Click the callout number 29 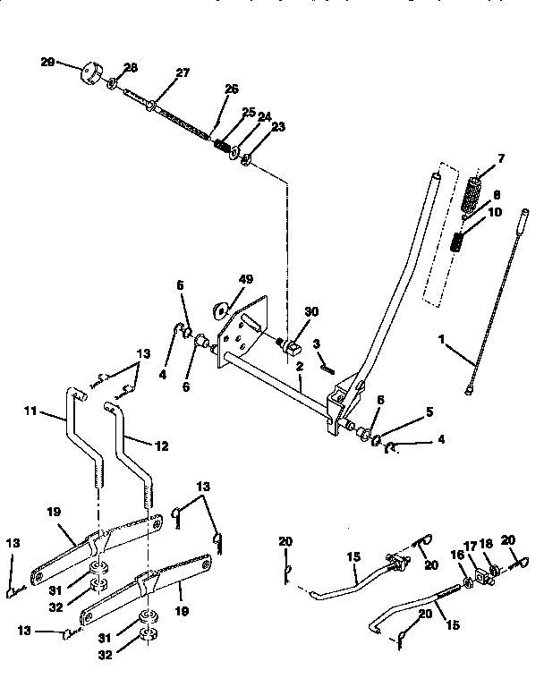point(47,62)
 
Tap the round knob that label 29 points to point(90,71)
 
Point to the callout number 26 point(232,89)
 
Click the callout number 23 point(277,126)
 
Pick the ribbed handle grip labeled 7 point(472,192)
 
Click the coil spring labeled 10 point(458,241)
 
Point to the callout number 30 point(310,312)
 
